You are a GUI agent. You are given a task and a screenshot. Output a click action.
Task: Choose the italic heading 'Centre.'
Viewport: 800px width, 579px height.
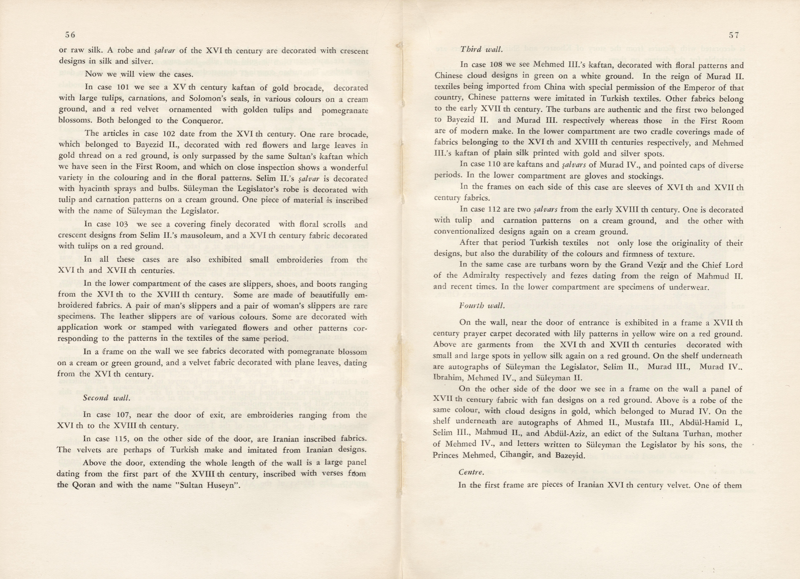pos(470,472)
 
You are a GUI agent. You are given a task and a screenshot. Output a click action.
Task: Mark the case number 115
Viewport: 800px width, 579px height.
pos(122,439)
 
